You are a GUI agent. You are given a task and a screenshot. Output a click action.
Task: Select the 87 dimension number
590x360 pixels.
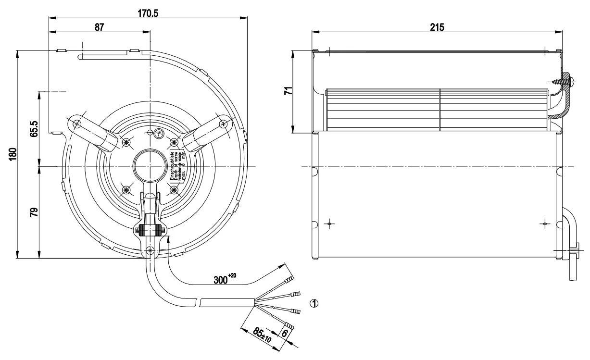click(x=99, y=28)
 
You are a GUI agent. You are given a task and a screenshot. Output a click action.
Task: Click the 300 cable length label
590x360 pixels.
click(x=224, y=279)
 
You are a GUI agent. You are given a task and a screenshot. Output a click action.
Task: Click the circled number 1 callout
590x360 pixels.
click(x=314, y=303)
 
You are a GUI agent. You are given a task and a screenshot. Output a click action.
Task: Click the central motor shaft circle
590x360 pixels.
click(x=150, y=166)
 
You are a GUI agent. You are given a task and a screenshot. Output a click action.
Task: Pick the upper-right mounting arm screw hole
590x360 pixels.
click(x=223, y=124)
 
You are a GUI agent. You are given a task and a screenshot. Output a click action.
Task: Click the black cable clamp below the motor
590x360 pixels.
click(x=151, y=230)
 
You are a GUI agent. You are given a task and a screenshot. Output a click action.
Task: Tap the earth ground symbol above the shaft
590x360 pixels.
click(x=162, y=135)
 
